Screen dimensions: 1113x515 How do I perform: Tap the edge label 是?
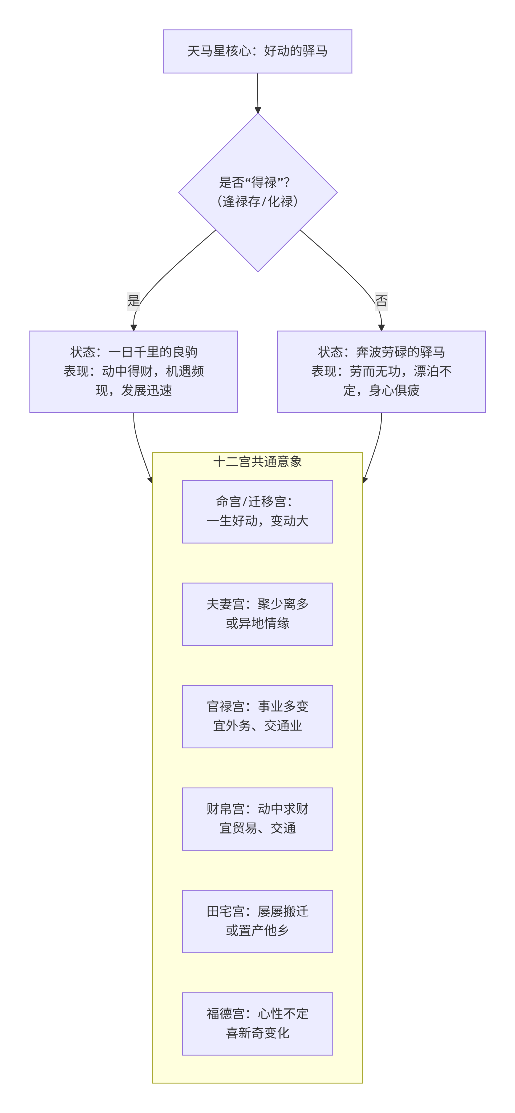[x=133, y=301]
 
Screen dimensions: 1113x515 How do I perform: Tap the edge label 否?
[x=381, y=301]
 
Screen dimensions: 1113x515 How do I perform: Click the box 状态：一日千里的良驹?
[x=133, y=372]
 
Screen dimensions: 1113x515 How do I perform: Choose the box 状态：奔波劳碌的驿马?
[x=381, y=372]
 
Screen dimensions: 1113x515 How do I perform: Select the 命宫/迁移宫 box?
[x=257, y=512]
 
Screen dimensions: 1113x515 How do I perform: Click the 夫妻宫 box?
[x=257, y=614]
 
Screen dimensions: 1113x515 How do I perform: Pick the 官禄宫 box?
[x=257, y=716]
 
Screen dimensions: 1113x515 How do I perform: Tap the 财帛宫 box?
[x=257, y=819]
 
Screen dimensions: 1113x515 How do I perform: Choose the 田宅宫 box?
[x=257, y=921]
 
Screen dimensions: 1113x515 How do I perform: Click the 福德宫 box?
[x=257, y=1024]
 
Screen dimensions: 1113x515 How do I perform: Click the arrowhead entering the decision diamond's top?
[x=258, y=110]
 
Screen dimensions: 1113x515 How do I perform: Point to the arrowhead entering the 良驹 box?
[x=133, y=328]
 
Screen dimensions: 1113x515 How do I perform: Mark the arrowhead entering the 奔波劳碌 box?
[x=381, y=328]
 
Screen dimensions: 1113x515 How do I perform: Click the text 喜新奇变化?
[x=257, y=1033]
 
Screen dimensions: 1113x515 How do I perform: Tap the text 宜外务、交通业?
[x=257, y=726]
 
